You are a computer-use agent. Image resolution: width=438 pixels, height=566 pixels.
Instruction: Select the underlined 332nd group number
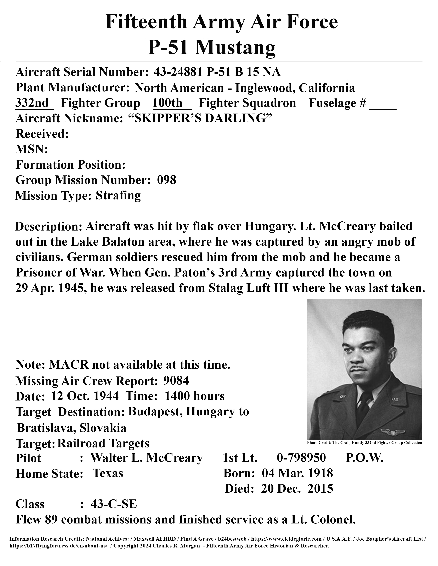(33, 103)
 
